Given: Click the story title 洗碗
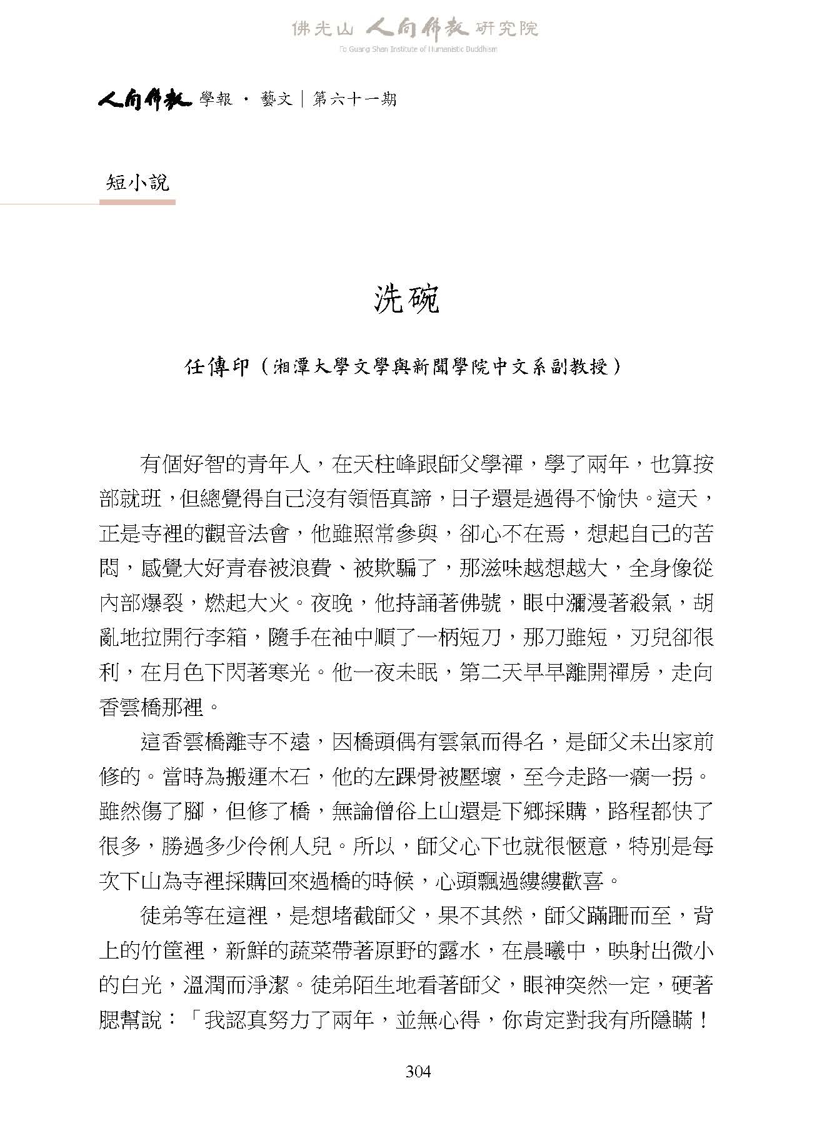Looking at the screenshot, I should tap(407, 300).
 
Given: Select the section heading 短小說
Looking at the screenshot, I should tap(138, 183).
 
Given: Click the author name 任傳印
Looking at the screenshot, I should tap(218, 367).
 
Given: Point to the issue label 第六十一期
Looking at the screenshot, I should tap(354, 99).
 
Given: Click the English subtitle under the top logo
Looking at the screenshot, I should tap(418, 49).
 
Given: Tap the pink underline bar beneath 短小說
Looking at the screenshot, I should tap(138, 202).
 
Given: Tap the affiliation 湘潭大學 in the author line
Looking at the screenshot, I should tap(300, 367).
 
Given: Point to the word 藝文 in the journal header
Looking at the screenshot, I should tap(277, 99).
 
